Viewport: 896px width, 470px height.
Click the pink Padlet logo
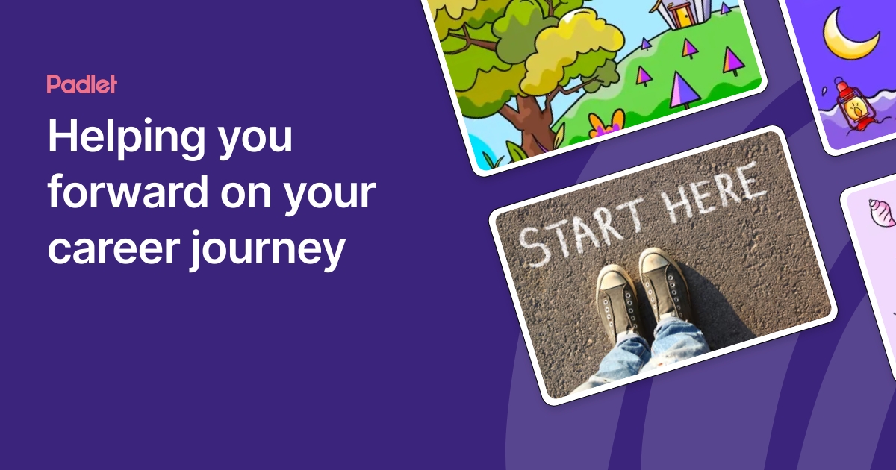coord(81,84)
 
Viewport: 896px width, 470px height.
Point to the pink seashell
coord(881,212)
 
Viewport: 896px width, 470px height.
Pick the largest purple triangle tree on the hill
coord(682,90)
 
